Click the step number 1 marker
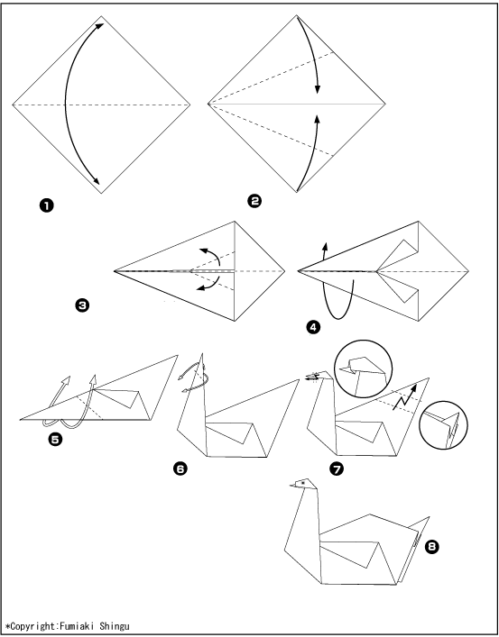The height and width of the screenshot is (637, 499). pos(46,206)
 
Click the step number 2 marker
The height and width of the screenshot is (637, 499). pos(254,201)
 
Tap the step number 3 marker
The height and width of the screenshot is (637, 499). pos(82,305)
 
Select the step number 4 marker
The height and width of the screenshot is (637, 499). pos(313,327)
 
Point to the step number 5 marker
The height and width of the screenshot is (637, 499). pos(55,439)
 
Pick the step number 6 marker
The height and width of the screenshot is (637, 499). pos(180,469)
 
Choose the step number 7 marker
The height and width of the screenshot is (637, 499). pos(337,469)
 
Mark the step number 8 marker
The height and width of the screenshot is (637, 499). pos(432,547)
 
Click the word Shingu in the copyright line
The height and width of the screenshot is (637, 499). pos(115,626)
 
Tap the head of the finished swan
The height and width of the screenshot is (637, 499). pos(304,484)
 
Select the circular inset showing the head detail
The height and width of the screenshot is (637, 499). pos(364,369)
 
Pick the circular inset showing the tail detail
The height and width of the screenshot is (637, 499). pos(443,425)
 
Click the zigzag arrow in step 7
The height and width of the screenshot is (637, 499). pos(405,397)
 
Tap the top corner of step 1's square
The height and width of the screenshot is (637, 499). pos(101,16)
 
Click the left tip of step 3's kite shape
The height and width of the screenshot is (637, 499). pos(115,270)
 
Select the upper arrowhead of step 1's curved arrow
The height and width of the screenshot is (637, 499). pos(100,26)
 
